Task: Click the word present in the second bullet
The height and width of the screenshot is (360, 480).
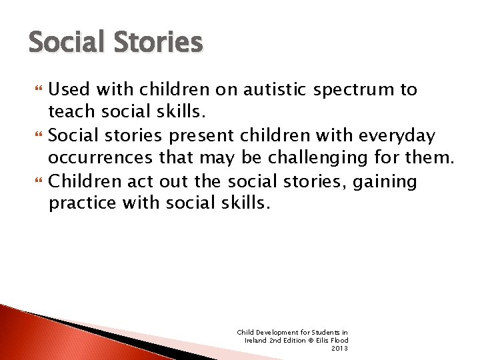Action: (199, 136)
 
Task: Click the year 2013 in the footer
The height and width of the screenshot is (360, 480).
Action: (340, 348)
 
